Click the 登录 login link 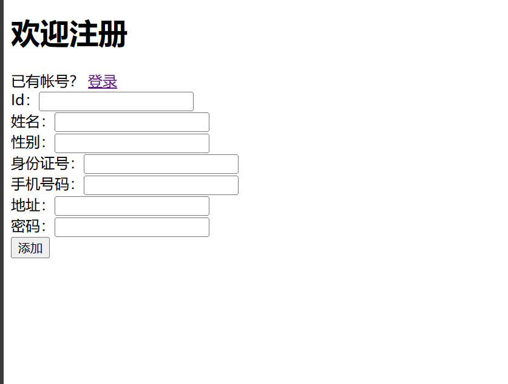[103, 81]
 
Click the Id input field [116, 101]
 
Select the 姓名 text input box [132, 122]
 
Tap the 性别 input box [132, 143]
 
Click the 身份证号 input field [161, 164]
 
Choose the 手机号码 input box [161, 185]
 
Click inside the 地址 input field [132, 206]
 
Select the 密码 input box [132, 227]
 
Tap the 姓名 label [27, 122]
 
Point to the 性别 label [27, 143]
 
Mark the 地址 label [27, 206]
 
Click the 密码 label [27, 227]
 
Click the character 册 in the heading [113, 34]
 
